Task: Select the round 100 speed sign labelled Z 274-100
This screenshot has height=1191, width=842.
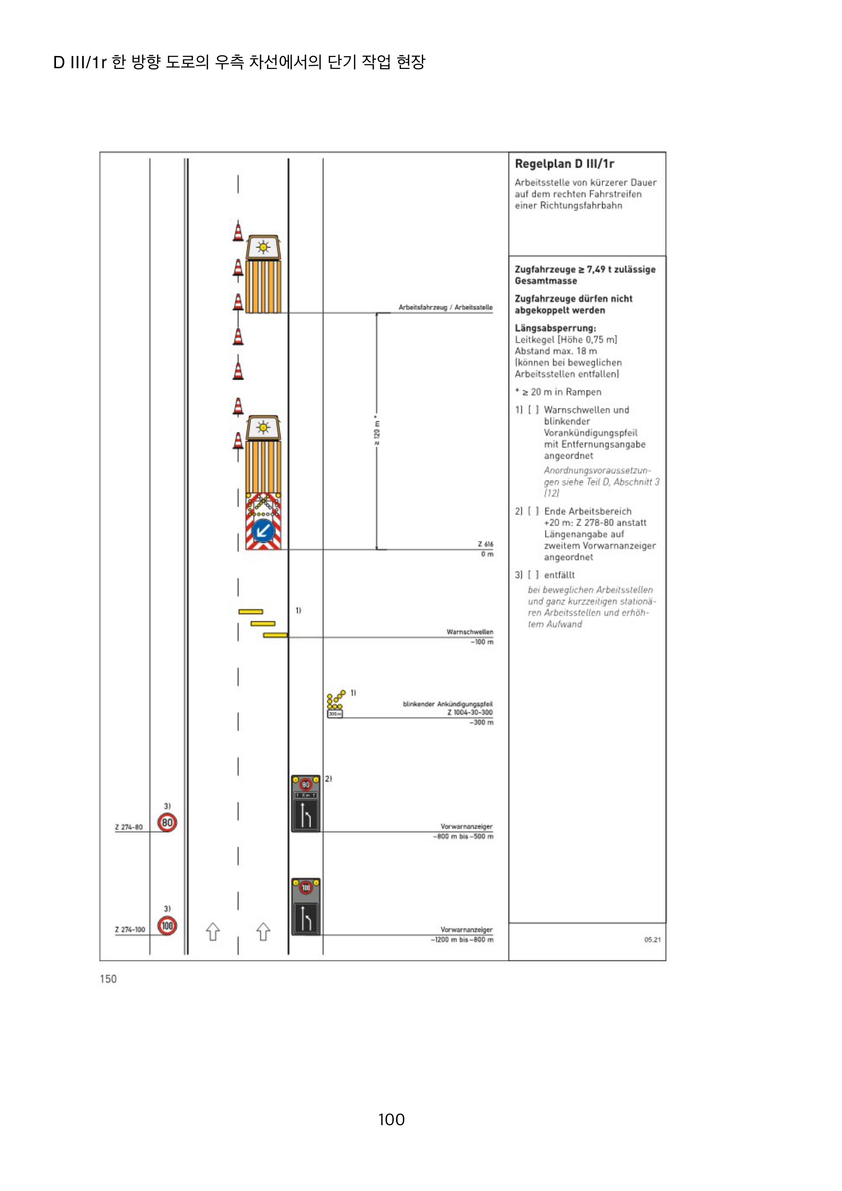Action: click(167, 926)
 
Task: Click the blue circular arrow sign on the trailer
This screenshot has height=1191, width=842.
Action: click(263, 531)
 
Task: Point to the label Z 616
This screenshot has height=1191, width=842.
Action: click(486, 544)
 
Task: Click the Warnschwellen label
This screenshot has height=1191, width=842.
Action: click(470, 632)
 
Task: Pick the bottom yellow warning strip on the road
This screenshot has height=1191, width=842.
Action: click(275, 635)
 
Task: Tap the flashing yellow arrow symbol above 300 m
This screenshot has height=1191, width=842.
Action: click(335, 700)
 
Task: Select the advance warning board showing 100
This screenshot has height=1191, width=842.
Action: click(306, 907)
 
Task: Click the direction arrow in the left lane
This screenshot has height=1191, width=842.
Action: click(213, 932)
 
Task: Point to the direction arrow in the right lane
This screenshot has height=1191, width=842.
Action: click(263, 932)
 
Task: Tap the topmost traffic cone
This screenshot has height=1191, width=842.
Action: click(238, 232)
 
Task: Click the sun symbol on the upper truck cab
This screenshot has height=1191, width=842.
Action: click(263, 247)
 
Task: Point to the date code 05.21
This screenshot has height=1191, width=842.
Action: click(652, 939)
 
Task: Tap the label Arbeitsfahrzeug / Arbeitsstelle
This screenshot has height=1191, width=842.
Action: click(445, 307)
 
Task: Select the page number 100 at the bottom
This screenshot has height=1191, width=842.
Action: click(391, 1119)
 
